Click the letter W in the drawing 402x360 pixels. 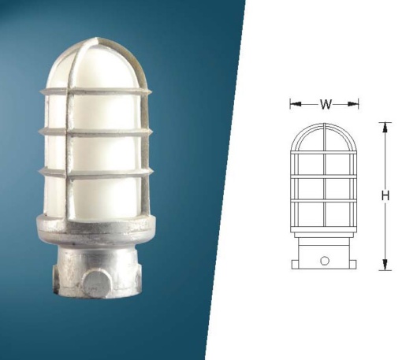tap(326, 105)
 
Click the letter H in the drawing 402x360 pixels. tap(385, 196)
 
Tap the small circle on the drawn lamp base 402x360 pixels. tap(325, 261)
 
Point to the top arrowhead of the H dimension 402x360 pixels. tap(385, 128)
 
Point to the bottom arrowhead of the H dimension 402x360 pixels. tap(385, 265)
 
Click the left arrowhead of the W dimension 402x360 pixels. tap(296, 104)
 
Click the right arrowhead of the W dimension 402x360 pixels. tap(353, 104)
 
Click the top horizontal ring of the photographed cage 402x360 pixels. tap(96, 91)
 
